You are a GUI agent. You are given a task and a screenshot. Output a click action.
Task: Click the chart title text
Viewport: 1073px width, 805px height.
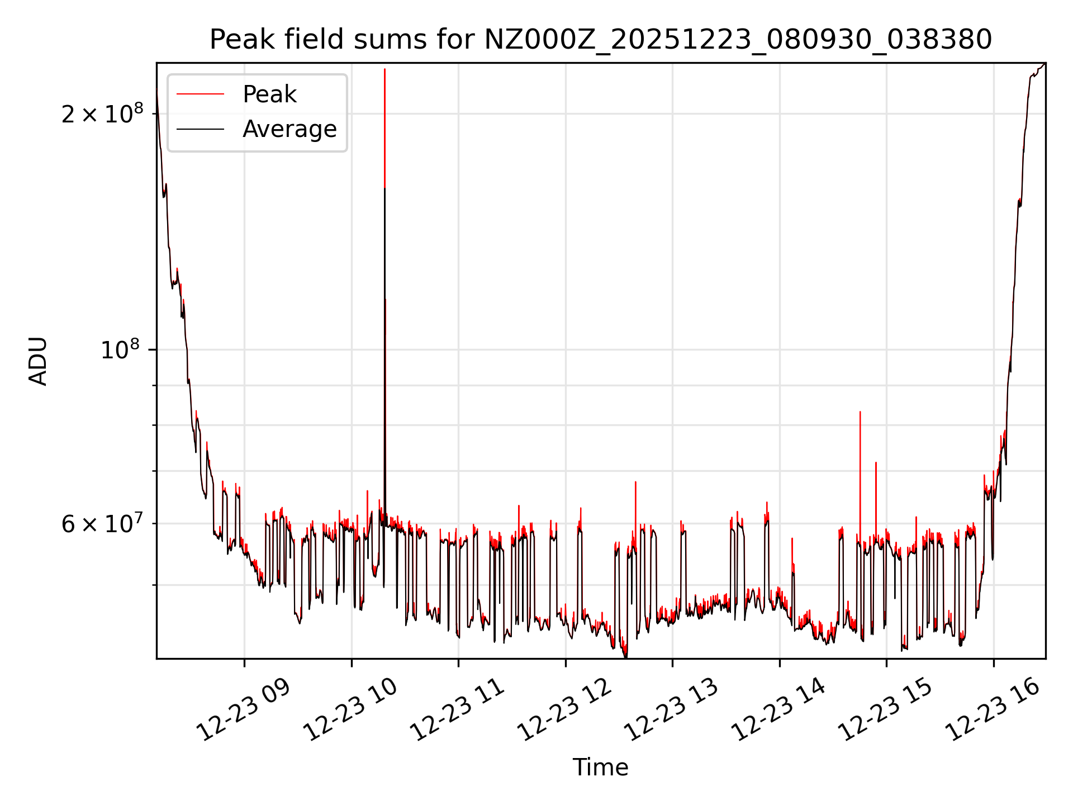600,40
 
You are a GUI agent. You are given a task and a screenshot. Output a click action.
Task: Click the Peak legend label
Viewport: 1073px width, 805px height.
269,94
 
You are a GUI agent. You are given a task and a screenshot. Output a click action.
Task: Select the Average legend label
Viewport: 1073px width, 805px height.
289,129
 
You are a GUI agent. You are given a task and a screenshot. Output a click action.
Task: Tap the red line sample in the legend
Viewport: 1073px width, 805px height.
200,94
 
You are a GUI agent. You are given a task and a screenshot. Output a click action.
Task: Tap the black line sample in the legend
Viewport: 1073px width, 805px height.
200,129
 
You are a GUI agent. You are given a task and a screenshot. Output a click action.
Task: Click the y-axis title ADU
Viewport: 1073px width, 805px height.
38,361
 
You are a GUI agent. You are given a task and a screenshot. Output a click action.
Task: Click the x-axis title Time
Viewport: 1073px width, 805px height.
600,768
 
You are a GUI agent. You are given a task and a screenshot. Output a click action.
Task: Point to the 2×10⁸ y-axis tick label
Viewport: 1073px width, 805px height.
102,114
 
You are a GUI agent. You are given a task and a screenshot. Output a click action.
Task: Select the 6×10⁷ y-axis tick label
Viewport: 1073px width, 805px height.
102,524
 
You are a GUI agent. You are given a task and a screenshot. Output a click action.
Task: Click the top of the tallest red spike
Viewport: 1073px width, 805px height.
384,69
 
